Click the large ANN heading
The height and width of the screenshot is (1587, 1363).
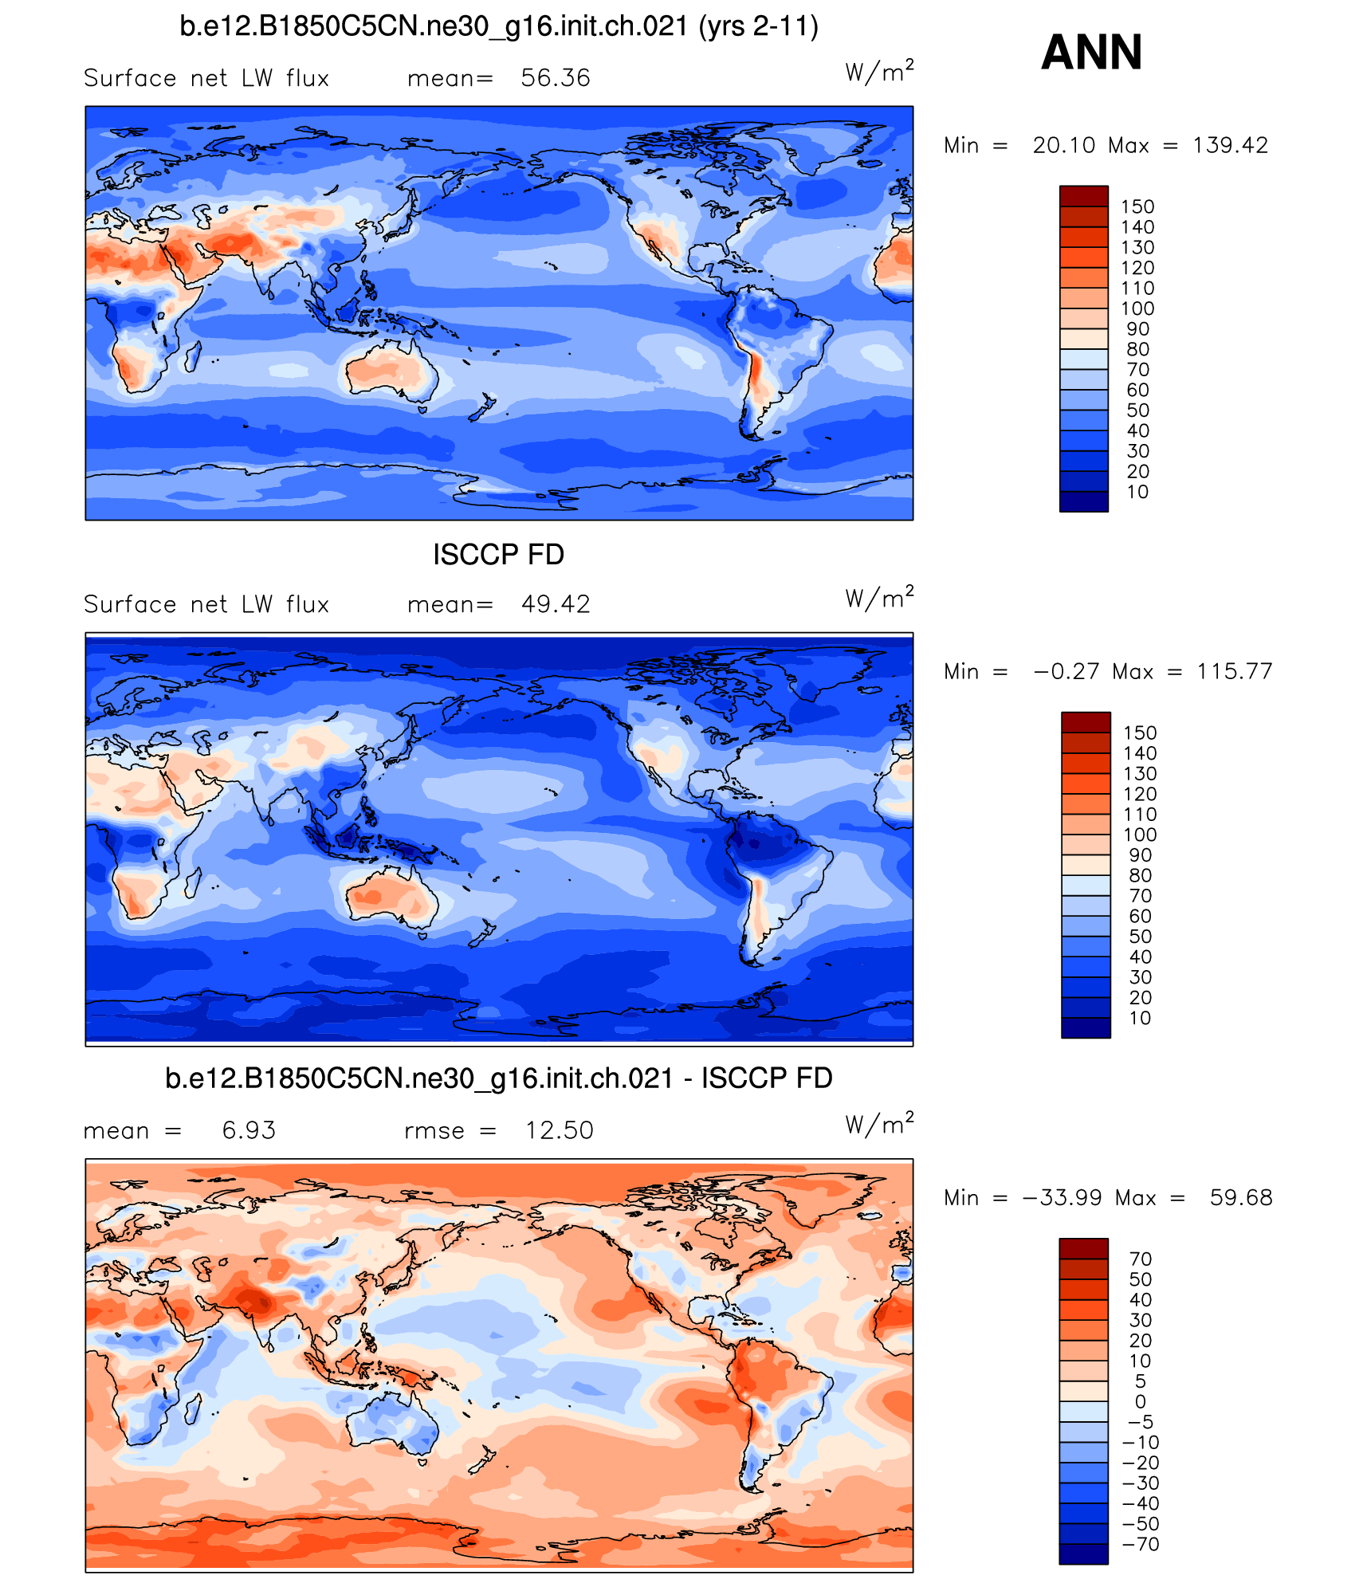(1091, 53)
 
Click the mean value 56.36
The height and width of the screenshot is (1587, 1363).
(555, 78)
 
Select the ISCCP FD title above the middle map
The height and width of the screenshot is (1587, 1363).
(498, 555)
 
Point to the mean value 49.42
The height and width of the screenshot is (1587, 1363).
(555, 604)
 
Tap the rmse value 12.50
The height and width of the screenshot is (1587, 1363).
(559, 1130)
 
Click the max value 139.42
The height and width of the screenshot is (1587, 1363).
(1230, 145)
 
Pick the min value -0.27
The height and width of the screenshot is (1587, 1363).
(1065, 671)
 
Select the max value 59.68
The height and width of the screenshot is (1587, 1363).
(1241, 1197)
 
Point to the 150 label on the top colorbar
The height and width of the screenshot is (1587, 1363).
(1137, 206)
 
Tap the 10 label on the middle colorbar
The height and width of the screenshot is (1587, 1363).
(1140, 1018)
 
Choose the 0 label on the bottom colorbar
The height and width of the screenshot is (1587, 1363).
(1140, 1401)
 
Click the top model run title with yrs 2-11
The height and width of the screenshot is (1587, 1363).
(498, 26)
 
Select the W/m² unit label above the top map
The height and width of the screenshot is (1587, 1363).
(879, 73)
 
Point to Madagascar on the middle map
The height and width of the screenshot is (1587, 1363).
(192, 882)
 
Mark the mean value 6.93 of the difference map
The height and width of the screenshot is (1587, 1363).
(249, 1130)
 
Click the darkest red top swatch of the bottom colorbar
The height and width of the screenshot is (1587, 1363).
(1083, 1248)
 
